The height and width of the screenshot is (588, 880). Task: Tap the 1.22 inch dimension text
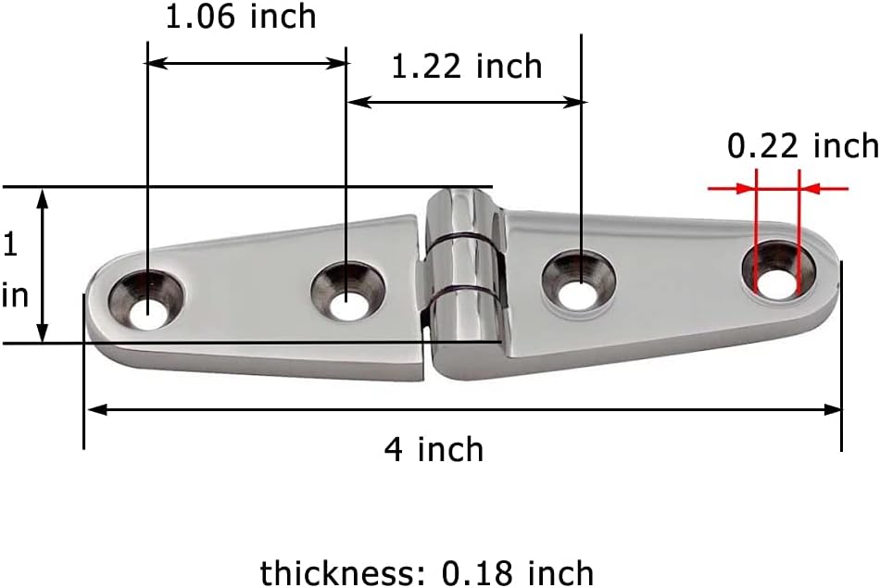coord(466,67)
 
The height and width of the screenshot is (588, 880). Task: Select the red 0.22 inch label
coord(802,145)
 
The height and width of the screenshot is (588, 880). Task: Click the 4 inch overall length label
coord(434,450)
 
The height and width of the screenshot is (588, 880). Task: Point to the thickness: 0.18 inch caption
coord(427,572)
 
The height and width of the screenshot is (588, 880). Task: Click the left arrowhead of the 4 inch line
coord(93,408)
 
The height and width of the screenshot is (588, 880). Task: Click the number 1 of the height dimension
coord(10,245)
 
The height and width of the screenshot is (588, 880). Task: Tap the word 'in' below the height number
coord(14,295)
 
